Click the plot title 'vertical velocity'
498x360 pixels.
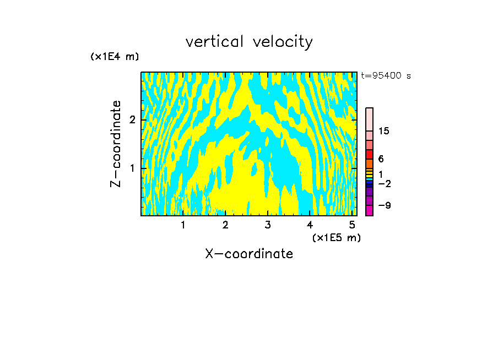pos(249,42)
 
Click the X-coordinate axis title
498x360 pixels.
pos(249,254)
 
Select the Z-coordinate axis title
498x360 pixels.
pos(116,144)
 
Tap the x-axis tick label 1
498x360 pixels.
pos(183,225)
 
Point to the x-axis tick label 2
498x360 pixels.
pos(225,225)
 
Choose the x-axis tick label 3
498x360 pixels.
pos(268,225)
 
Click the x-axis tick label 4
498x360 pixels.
pos(310,225)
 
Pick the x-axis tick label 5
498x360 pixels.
pos(352,225)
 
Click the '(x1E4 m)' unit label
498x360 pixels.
pos(115,57)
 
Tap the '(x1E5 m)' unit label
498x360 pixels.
pos(336,237)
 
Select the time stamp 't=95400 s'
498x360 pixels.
pos(386,76)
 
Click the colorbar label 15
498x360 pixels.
pos(384,131)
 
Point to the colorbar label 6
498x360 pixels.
pos(381,159)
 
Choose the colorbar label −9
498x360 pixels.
pos(384,206)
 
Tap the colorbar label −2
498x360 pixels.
pos(384,183)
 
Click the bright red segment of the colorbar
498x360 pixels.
pos(369,154)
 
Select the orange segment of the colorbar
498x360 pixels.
pos(369,163)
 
